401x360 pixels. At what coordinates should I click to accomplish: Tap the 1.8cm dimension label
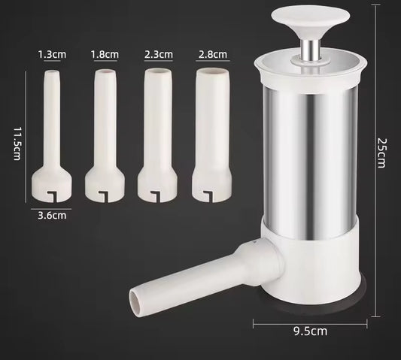[104, 54]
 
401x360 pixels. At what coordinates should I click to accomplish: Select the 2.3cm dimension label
[159, 54]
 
